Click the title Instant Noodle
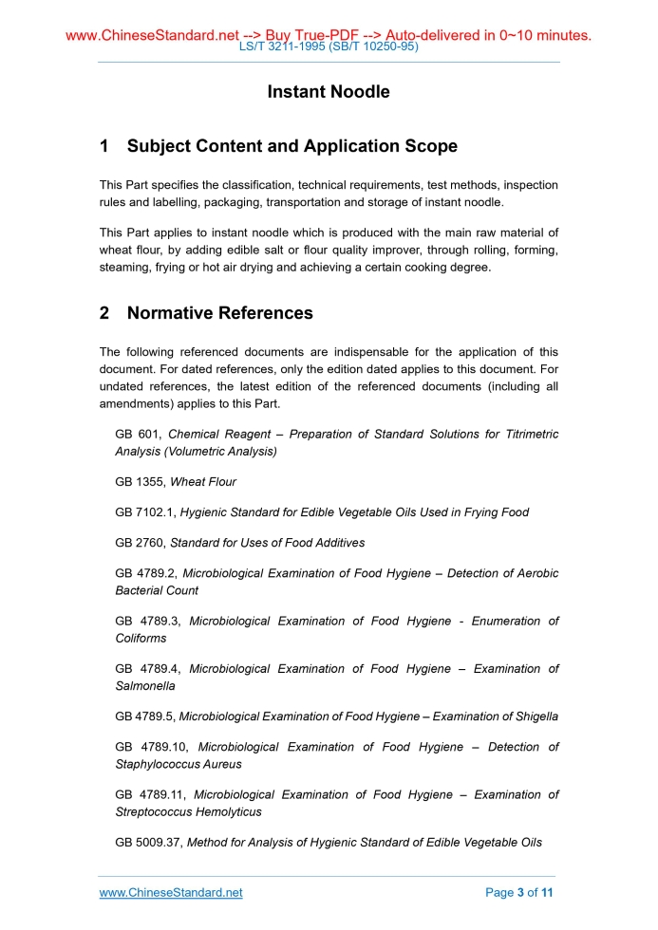tap(329, 92)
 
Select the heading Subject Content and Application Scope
tap(291, 146)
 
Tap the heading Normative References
tap(219, 313)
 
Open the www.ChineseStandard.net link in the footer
tap(171, 893)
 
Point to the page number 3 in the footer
tap(520, 893)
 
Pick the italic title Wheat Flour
tap(203, 482)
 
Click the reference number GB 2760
tap(139, 543)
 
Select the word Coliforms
tap(141, 638)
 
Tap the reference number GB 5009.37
tap(147, 842)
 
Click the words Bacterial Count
tap(157, 590)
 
